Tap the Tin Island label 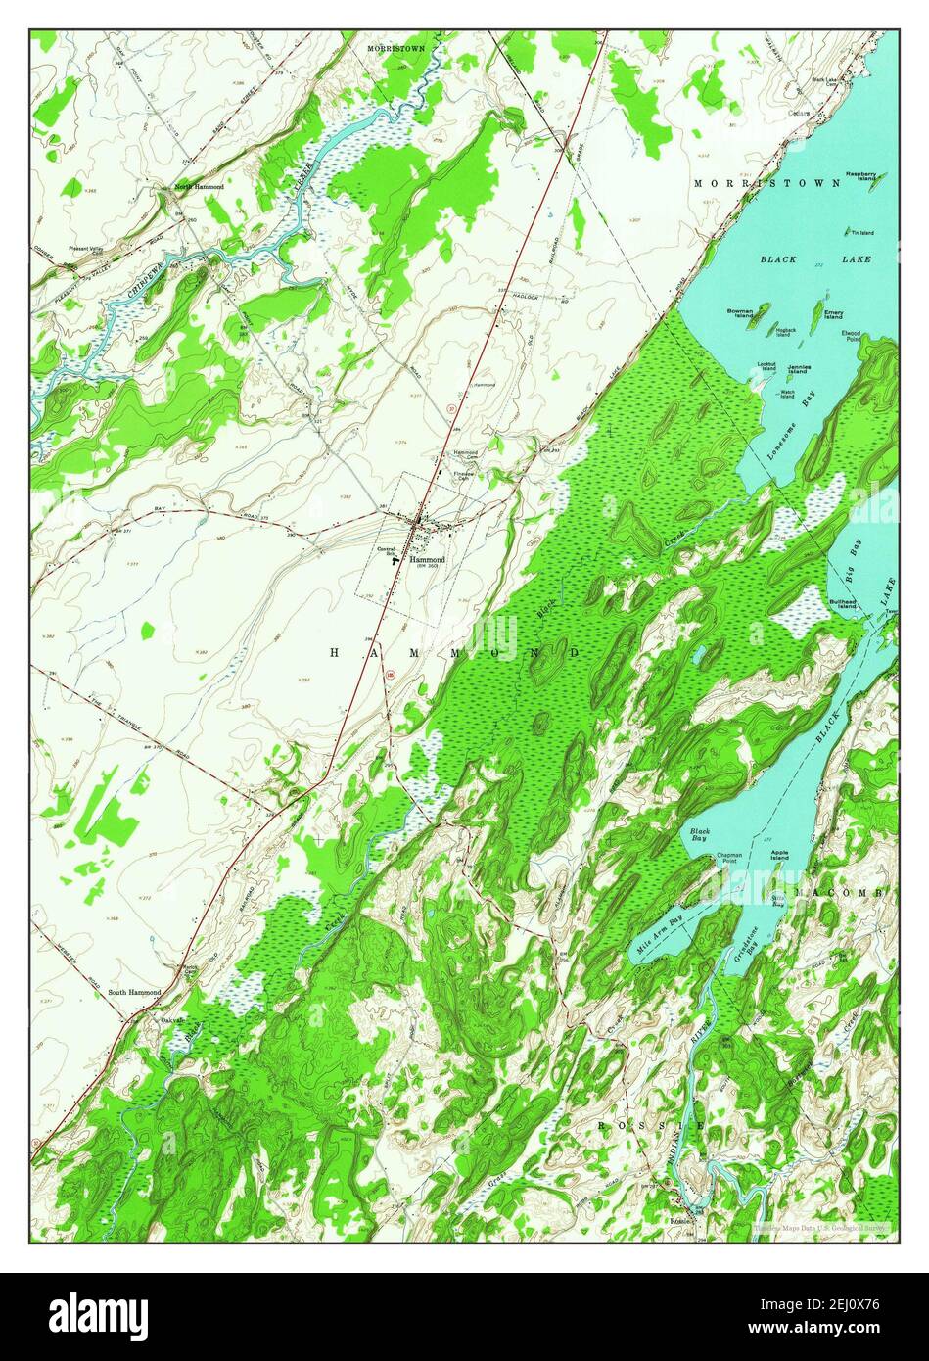point(861,232)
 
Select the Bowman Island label point(740,313)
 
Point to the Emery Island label point(833,314)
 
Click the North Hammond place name point(199,186)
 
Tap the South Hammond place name point(134,992)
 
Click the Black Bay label point(699,834)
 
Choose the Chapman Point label point(727,858)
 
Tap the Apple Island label point(779,855)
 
